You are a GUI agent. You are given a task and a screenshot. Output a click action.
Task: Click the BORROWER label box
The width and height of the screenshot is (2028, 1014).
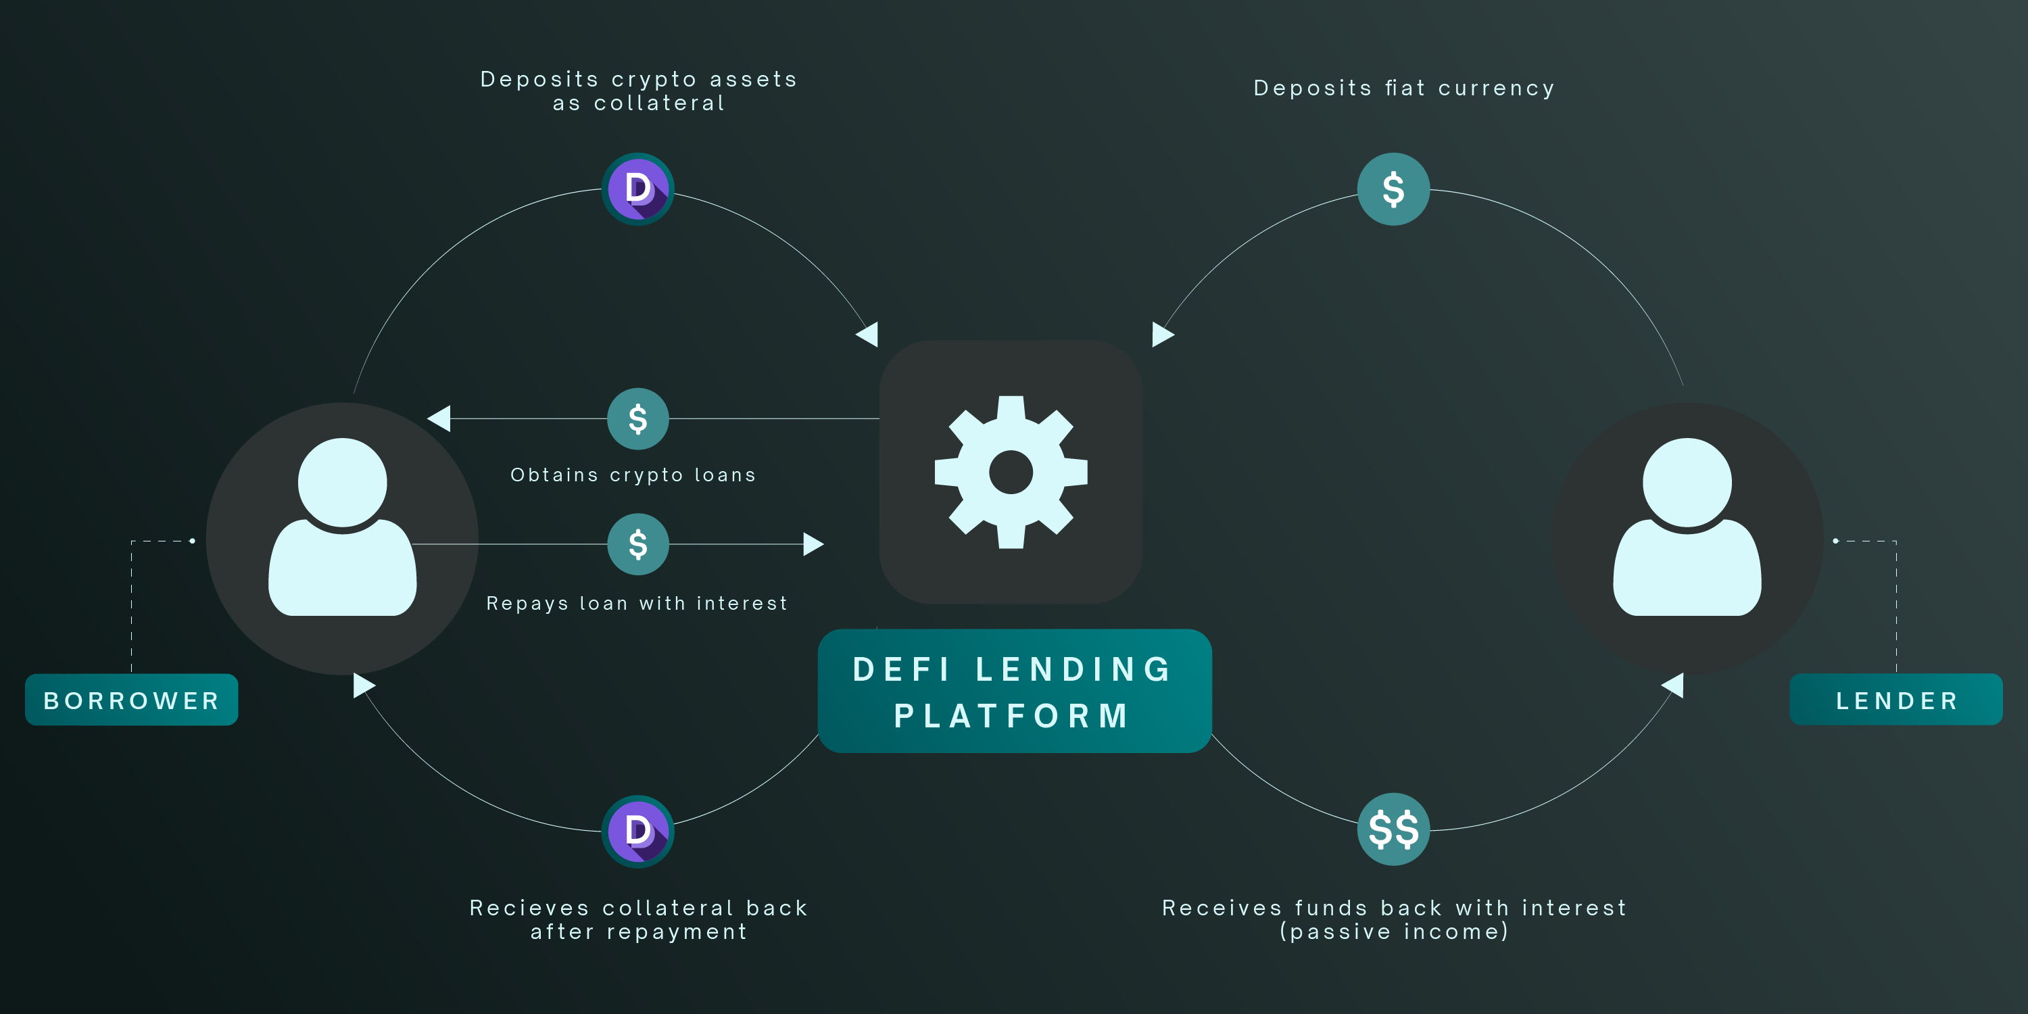[131, 699]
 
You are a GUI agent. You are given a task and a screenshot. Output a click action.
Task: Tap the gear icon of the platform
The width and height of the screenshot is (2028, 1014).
[1011, 473]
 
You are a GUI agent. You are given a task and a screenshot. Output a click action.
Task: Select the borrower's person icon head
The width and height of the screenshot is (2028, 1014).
[343, 482]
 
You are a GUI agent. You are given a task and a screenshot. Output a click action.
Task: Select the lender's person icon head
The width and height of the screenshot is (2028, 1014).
[1687, 482]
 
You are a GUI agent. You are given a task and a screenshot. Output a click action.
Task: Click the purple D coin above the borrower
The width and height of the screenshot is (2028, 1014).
[637, 189]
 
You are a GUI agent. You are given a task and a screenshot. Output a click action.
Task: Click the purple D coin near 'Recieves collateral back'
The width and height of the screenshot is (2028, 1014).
[637, 831]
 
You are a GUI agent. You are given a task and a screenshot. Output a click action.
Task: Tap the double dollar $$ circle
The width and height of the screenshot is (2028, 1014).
[1393, 829]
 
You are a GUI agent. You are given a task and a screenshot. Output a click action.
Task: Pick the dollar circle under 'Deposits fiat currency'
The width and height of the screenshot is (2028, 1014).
[1393, 189]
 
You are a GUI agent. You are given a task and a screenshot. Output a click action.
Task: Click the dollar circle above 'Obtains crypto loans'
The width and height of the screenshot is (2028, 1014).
[637, 419]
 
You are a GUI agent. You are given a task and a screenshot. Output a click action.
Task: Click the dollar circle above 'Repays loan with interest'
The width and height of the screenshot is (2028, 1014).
[637, 544]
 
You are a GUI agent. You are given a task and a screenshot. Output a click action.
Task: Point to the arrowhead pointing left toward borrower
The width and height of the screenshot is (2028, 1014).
[439, 418]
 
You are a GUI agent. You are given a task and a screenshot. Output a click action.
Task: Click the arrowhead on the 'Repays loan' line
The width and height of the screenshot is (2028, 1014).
[813, 544]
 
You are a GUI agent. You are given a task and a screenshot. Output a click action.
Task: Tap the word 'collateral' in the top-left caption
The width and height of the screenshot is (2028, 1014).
[659, 103]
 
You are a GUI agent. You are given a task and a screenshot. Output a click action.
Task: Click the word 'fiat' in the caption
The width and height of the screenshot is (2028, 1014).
[1405, 88]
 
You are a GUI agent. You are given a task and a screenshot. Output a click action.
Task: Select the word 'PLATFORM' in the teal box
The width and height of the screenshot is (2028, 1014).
[1013, 716]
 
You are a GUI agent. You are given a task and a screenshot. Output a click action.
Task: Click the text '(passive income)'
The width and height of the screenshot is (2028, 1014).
[1393, 932]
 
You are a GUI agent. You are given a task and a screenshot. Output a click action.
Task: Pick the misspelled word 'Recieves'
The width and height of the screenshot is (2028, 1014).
[529, 908]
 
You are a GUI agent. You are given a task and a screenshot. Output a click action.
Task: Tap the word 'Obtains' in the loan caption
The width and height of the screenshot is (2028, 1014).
[554, 475]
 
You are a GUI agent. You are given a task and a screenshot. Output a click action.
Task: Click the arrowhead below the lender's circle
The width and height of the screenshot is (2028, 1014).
[1674, 685]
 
